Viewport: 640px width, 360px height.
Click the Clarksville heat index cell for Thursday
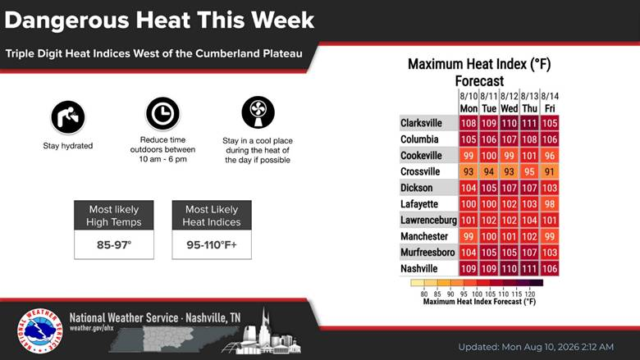point(529,123)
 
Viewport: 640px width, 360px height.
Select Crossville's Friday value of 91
point(550,171)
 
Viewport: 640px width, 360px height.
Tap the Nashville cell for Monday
point(469,269)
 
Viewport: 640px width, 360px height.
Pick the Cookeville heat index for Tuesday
point(489,155)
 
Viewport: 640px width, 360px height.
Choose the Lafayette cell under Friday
point(550,204)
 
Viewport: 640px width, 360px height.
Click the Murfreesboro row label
point(427,253)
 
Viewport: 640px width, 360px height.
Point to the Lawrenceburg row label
point(428,220)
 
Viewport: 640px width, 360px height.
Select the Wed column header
point(509,108)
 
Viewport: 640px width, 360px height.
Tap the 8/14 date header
point(550,96)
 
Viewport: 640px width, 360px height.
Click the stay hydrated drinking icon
point(68,117)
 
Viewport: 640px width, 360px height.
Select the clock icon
point(162,113)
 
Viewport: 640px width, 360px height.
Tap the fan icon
point(258,112)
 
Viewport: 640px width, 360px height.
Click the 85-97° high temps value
point(114,244)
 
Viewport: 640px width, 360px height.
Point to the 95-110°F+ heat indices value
point(212,244)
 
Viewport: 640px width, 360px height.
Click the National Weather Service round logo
point(40,330)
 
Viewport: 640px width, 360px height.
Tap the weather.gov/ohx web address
point(91,328)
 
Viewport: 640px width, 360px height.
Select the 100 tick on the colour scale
point(477,294)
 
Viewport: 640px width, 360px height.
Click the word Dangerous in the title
point(67,20)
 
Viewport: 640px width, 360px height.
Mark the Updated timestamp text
point(536,347)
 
